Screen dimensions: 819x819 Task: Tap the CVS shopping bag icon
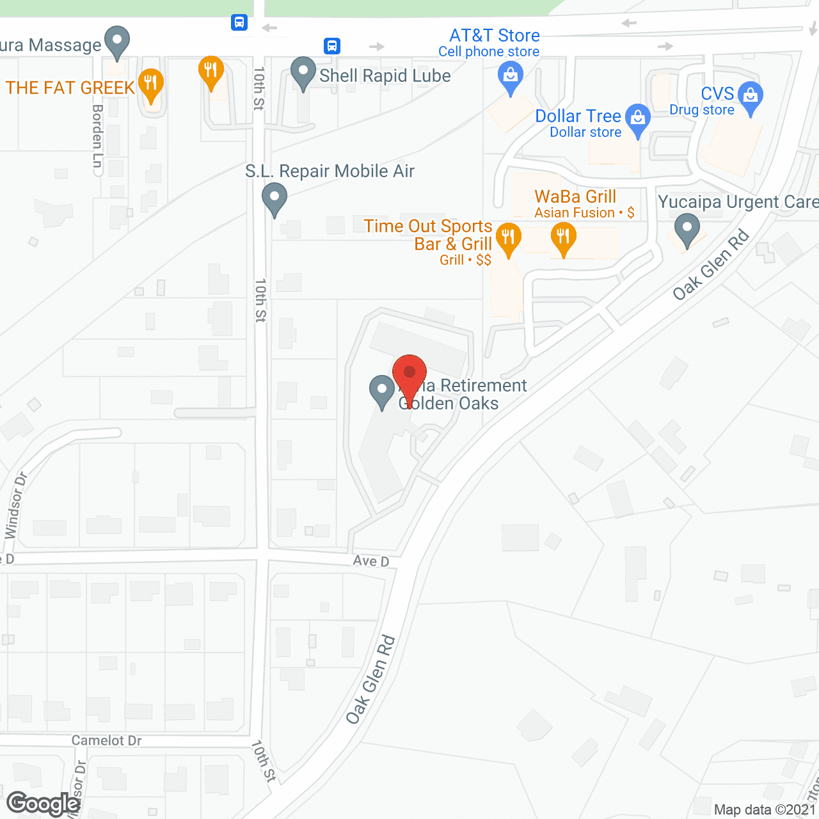pyautogui.click(x=751, y=97)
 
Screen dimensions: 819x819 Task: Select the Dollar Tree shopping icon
pyautogui.click(x=637, y=120)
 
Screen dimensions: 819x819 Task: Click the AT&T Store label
pyautogui.click(x=494, y=36)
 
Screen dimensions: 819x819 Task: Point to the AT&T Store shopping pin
pyautogui.click(x=510, y=78)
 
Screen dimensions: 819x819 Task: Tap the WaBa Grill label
pyautogui.click(x=575, y=197)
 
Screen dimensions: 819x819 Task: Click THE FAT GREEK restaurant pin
pyautogui.click(x=151, y=84)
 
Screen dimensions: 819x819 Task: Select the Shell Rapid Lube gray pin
pyautogui.click(x=303, y=72)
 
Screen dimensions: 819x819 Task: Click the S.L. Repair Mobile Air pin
pyautogui.click(x=274, y=198)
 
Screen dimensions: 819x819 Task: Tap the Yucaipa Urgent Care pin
pyautogui.click(x=687, y=229)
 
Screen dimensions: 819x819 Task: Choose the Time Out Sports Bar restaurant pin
pyautogui.click(x=508, y=239)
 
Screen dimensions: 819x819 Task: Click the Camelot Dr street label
pyautogui.click(x=106, y=740)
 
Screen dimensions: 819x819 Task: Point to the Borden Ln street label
pyautogui.click(x=97, y=136)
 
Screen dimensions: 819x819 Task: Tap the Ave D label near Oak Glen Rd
pyautogui.click(x=371, y=561)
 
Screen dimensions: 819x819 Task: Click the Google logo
pyautogui.click(x=44, y=804)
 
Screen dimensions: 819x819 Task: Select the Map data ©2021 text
pyautogui.click(x=765, y=809)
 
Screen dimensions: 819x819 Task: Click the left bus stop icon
pyautogui.click(x=239, y=23)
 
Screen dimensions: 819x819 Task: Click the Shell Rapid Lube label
pyautogui.click(x=385, y=76)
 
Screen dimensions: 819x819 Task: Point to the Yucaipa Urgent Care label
pyautogui.click(x=738, y=202)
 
